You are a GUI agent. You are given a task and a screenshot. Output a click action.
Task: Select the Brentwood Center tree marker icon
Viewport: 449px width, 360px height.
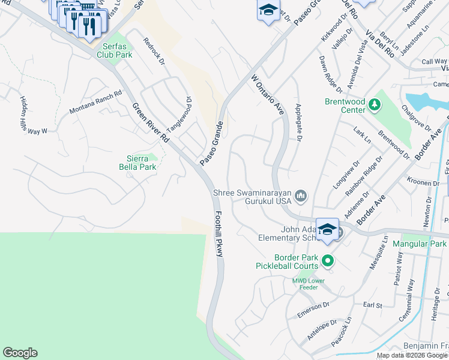point(375,105)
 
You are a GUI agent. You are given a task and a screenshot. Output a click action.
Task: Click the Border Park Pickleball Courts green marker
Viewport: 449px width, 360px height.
point(327,260)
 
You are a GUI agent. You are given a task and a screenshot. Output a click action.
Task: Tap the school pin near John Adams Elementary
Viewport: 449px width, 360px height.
point(327,230)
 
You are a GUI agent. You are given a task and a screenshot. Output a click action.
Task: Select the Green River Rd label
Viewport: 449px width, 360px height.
point(150,123)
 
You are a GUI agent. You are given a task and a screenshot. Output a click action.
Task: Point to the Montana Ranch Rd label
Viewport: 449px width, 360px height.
point(95,103)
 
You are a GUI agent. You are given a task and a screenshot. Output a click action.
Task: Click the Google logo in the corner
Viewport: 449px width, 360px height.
point(20,353)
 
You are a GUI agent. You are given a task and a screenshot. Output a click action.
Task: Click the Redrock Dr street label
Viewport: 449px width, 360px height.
point(154,51)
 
